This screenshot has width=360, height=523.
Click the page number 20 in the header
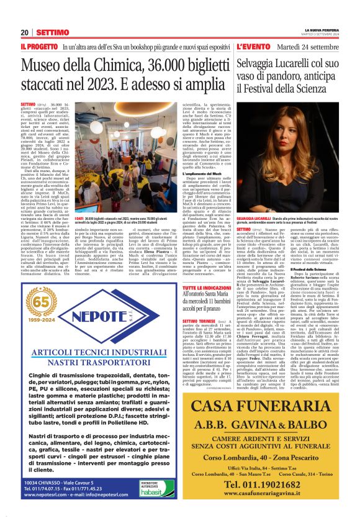[24, 32]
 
